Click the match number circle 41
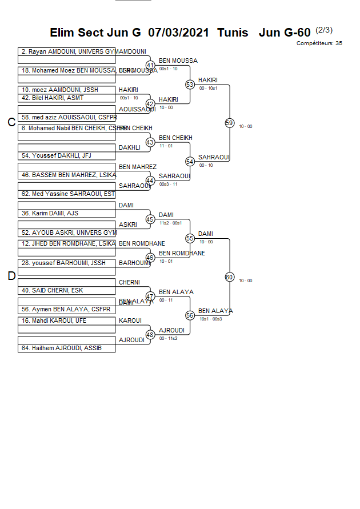coord(151,65)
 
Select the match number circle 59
coord(229,123)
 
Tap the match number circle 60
coord(229,277)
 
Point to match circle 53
coord(190,85)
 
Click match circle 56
coord(190,315)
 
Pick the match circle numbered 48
coord(151,335)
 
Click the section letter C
coord(11,122)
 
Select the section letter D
coord(11,276)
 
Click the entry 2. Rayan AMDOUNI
coord(67,51)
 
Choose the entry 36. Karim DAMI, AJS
coord(50,213)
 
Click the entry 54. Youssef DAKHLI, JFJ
coord(56,155)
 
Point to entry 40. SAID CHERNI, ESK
coord(52,290)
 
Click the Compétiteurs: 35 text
coord(319,43)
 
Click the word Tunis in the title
coord(233,32)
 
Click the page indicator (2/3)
coord(324,30)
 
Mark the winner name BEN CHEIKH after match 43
coord(175,138)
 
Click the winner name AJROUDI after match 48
coord(171,330)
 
